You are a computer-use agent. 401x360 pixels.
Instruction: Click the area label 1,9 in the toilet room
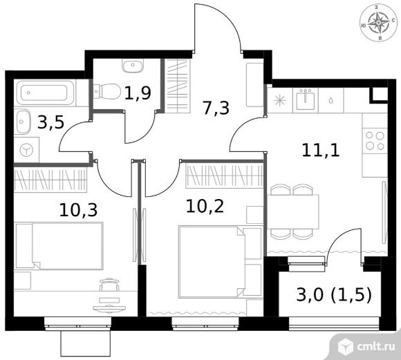pos(138,93)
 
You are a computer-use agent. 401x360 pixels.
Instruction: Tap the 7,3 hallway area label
pos(216,108)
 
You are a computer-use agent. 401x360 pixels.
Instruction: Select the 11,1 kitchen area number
pos(321,150)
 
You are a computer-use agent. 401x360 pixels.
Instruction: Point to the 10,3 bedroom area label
pos(78,210)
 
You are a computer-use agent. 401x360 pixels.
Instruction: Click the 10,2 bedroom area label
pos(205,206)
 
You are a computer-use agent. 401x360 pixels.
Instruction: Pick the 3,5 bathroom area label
pos(50,122)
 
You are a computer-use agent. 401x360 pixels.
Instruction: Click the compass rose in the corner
pos(378,23)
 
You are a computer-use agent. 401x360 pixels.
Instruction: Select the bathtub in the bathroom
pos(45,93)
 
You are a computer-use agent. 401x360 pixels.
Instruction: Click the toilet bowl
pos(107,91)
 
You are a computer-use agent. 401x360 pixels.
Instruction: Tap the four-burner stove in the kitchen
pos(375,140)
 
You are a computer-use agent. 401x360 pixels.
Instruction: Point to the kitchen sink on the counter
pos(305,100)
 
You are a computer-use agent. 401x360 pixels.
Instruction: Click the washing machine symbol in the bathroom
pos(26,150)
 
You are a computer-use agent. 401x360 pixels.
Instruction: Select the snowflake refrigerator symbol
pos(280,100)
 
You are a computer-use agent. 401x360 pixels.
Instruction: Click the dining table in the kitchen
pos(293,211)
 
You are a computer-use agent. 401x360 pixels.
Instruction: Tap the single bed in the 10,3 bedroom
pos(59,246)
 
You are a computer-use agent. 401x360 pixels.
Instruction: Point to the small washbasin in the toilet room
pos(133,66)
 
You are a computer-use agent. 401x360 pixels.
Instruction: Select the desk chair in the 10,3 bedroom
pos(109,284)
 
